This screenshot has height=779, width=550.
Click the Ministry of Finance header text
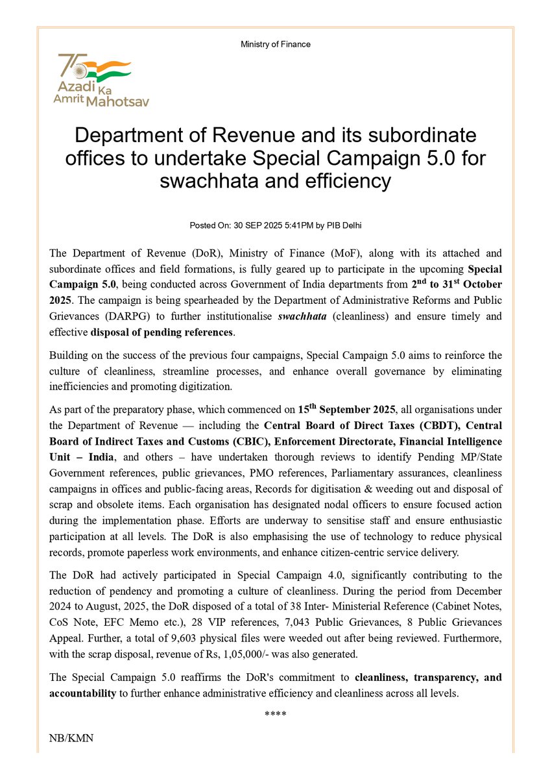point(275,44)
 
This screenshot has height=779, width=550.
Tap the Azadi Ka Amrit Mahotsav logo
point(95,80)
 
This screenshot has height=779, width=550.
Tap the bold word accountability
point(82,693)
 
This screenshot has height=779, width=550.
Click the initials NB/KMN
point(71,739)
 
